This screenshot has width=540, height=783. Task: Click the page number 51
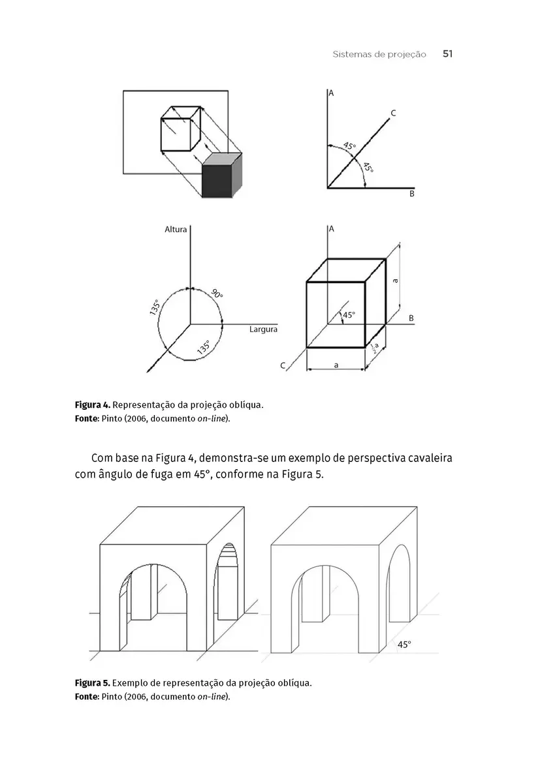click(447, 54)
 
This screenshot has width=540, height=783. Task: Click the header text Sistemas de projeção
click(379, 55)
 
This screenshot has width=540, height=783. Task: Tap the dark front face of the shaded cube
click(217, 181)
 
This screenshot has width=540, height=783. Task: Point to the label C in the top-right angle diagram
click(393, 114)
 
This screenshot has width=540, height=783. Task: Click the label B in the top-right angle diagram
click(411, 194)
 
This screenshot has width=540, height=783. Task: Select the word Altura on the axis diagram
click(176, 230)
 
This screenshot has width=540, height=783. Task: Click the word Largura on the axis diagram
click(263, 330)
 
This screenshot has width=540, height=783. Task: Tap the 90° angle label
click(217, 294)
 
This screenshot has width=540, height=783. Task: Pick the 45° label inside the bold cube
click(349, 315)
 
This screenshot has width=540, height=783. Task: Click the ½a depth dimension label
click(374, 348)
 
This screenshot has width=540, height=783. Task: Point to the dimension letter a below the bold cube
click(336, 365)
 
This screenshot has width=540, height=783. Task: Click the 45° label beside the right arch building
click(404, 645)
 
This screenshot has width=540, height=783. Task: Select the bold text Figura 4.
click(93, 405)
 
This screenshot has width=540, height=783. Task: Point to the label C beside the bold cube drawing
click(283, 366)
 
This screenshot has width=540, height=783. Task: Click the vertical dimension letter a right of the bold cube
click(396, 281)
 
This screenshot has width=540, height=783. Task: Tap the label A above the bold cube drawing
click(332, 229)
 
